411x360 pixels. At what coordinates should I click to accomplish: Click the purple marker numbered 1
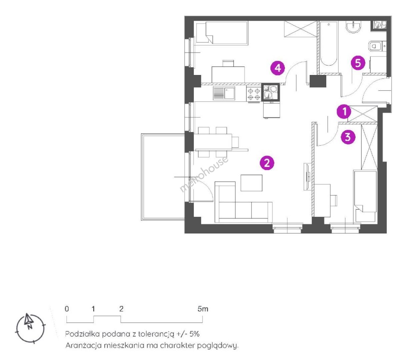(x=344, y=111)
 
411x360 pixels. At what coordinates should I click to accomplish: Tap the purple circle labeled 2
(x=267, y=163)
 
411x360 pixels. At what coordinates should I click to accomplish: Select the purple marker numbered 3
(x=348, y=137)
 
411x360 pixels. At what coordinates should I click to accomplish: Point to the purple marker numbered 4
(x=278, y=68)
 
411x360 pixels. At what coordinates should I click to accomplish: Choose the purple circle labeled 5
(x=358, y=63)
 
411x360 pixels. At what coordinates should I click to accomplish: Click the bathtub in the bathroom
(x=328, y=44)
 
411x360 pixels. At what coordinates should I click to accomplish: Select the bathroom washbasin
(x=353, y=27)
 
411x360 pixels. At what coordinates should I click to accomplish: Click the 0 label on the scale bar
(x=67, y=309)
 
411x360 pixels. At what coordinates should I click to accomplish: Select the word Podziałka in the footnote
(x=83, y=334)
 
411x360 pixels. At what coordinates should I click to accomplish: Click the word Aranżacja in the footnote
(x=83, y=346)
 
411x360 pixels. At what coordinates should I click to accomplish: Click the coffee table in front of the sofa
(x=251, y=183)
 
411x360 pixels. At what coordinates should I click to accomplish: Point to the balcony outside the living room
(x=163, y=177)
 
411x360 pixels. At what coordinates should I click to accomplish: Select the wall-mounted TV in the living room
(x=307, y=177)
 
